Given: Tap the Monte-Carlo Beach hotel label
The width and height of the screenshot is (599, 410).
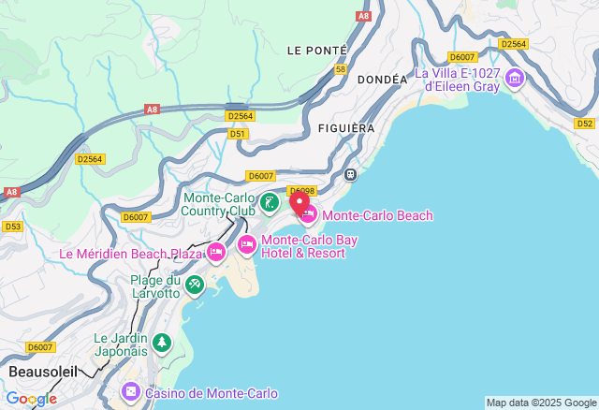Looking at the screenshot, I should point(377,216).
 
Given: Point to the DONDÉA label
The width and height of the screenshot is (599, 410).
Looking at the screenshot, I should point(382,80).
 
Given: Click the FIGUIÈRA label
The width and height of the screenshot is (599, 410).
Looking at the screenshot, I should point(345,127).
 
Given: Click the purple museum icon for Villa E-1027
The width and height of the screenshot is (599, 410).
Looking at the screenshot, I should point(514,81).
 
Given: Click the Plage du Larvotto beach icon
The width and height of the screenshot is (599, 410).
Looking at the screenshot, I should point(194,283).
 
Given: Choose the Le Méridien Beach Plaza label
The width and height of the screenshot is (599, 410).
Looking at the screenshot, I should point(131,254).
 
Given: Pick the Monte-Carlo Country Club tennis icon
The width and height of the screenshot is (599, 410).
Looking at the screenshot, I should point(270,202).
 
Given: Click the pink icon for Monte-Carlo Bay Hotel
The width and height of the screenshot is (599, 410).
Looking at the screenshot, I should point(246,245).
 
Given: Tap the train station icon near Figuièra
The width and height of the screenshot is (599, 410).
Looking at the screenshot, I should point(350,174).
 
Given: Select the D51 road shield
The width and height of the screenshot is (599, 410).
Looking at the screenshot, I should point(239,134).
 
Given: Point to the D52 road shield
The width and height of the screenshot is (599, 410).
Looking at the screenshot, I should point(585,123).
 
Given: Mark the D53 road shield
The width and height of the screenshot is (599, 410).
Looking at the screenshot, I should point(12,227).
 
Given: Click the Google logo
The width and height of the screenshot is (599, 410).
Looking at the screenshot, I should point(31,399).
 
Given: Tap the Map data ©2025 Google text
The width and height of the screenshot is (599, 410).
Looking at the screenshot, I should point(541,403).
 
